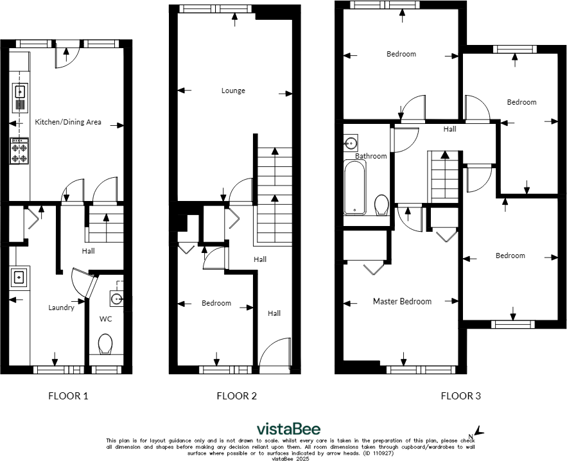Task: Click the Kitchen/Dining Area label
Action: pyautogui.click(x=67, y=122)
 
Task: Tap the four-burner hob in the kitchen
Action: pyautogui.click(x=19, y=152)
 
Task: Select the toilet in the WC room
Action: pyautogui.click(x=105, y=344)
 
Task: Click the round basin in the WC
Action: pyautogui.click(x=116, y=299)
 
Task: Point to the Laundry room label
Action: pyautogui.click(x=62, y=308)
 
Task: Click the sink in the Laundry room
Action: pyautogui.click(x=19, y=277)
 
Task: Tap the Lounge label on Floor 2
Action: pyautogui.click(x=233, y=91)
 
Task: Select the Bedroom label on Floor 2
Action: pyautogui.click(x=216, y=303)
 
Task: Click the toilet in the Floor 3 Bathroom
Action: pyautogui.click(x=381, y=205)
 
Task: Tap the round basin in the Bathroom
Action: pyautogui.click(x=351, y=143)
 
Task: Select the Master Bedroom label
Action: pyautogui.click(x=402, y=301)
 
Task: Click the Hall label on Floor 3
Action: pyautogui.click(x=449, y=129)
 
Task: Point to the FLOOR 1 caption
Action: pyautogui.click(x=69, y=396)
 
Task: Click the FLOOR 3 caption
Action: pyautogui.click(x=460, y=396)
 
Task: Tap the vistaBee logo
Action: pyautogui.click(x=288, y=429)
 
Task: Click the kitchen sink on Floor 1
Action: pyautogui.click(x=19, y=92)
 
